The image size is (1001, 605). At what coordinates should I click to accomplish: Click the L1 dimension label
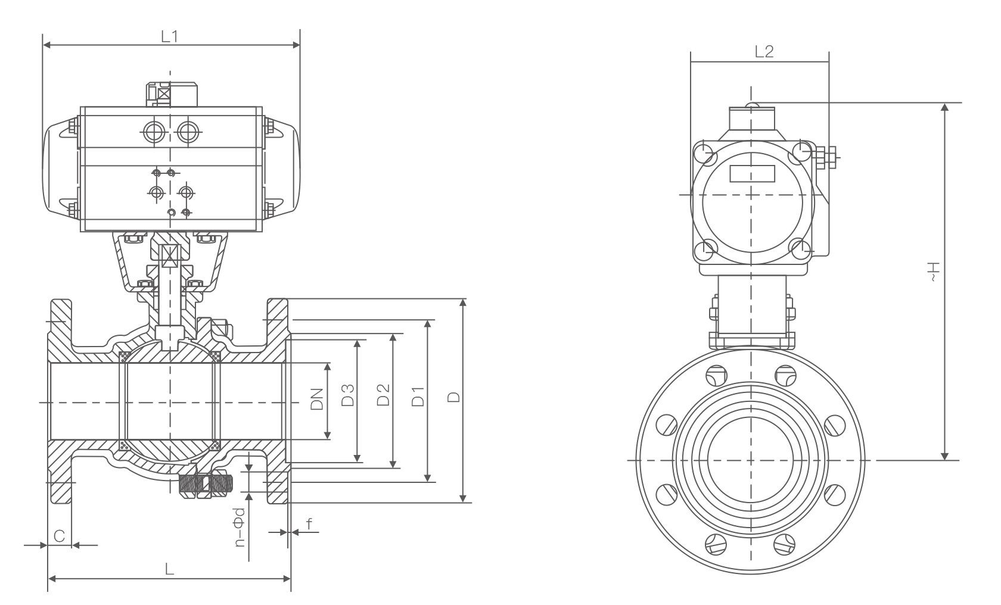point(170,36)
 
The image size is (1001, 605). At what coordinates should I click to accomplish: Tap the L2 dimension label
point(764,52)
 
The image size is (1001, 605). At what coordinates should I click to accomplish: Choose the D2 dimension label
point(383,395)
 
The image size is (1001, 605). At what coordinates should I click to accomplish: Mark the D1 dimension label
point(418,397)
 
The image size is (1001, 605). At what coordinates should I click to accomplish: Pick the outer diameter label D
point(454,397)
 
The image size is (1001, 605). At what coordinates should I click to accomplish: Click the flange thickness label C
point(59,536)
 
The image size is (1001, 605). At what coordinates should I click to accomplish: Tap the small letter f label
point(308,524)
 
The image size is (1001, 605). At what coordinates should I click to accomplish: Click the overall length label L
point(170,569)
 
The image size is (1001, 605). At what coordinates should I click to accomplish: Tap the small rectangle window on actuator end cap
point(752,174)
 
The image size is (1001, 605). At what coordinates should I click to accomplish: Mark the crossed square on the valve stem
point(170,257)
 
